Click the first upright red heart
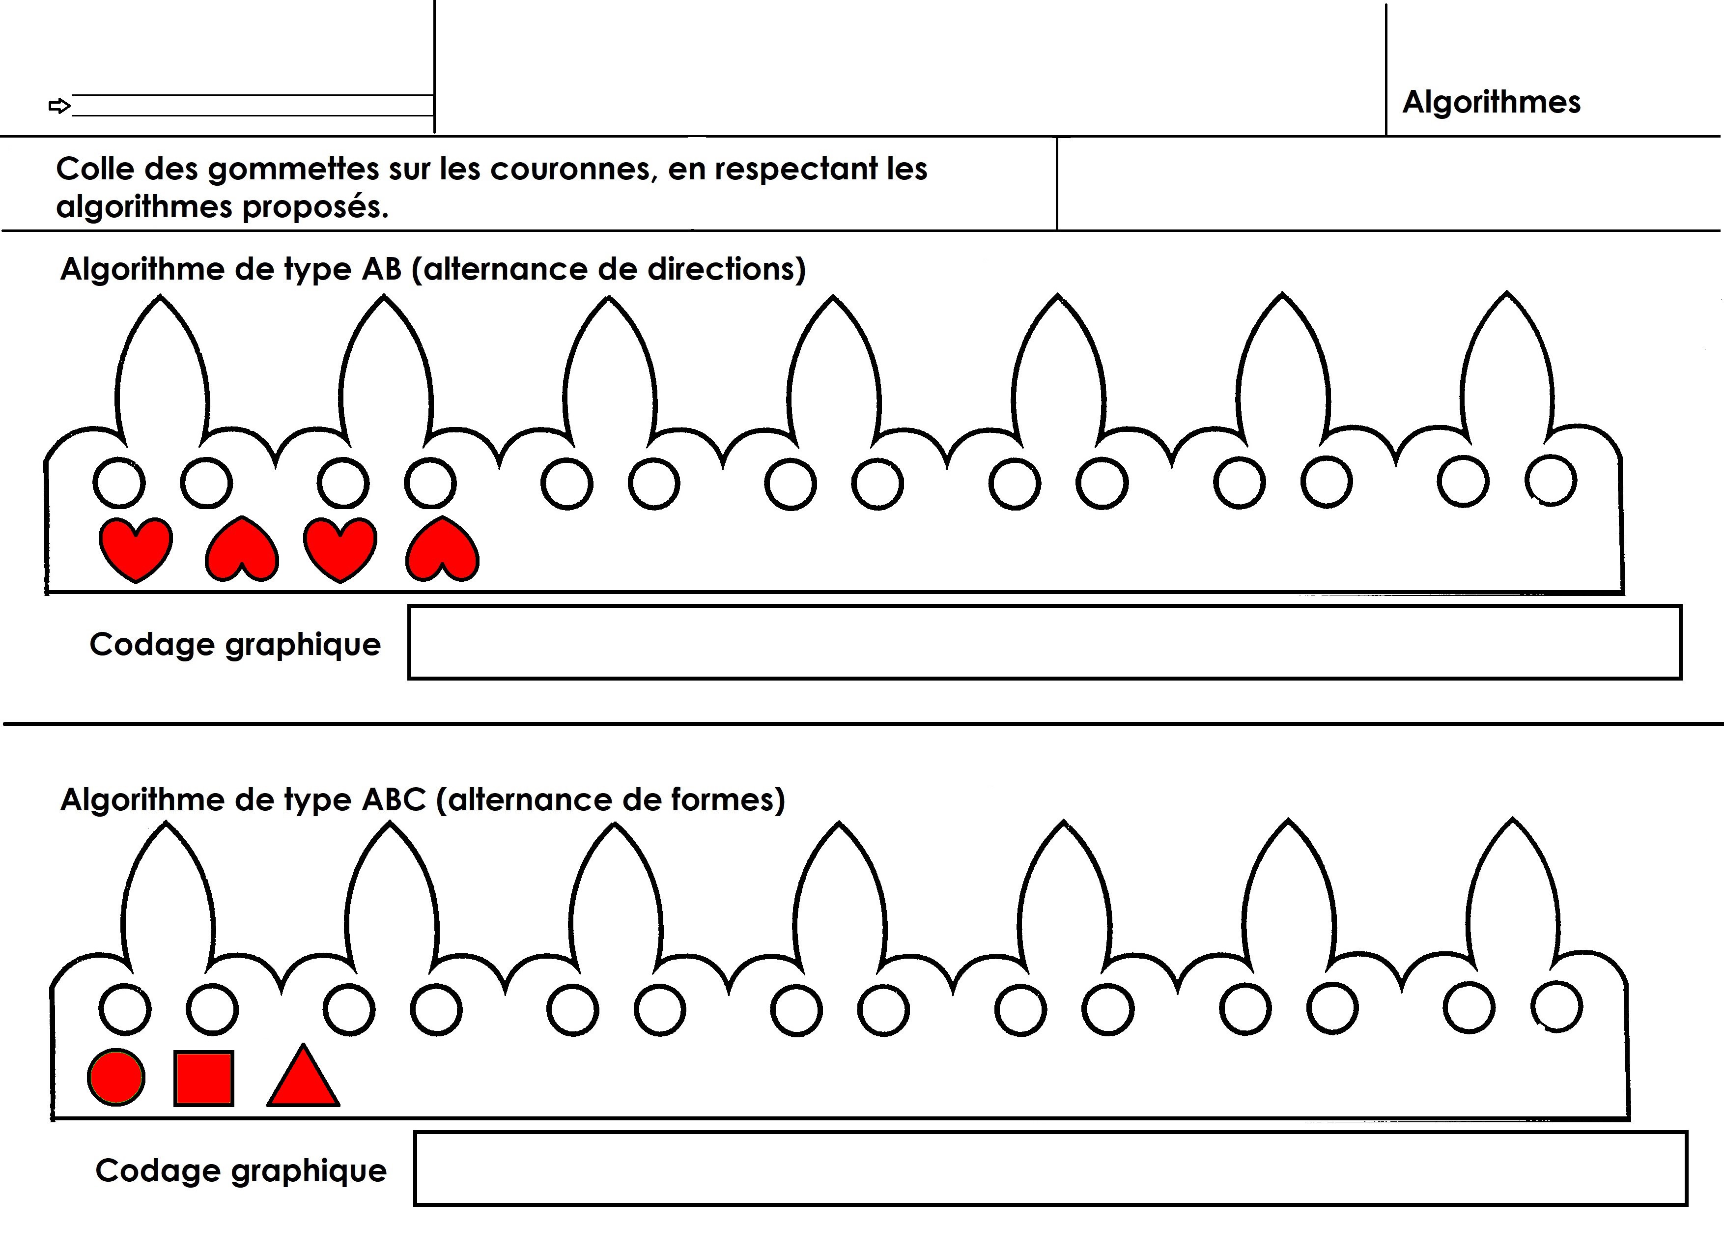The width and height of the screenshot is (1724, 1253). (135, 549)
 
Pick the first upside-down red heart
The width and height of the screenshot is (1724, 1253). (242, 550)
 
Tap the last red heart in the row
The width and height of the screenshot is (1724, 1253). (442, 550)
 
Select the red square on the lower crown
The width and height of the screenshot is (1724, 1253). (204, 1078)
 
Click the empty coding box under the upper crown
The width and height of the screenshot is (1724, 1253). (1045, 642)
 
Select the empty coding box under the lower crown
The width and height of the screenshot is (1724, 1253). (1050, 1168)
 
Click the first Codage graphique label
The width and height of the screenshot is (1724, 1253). (235, 645)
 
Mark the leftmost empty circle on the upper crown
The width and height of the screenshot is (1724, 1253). (119, 483)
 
